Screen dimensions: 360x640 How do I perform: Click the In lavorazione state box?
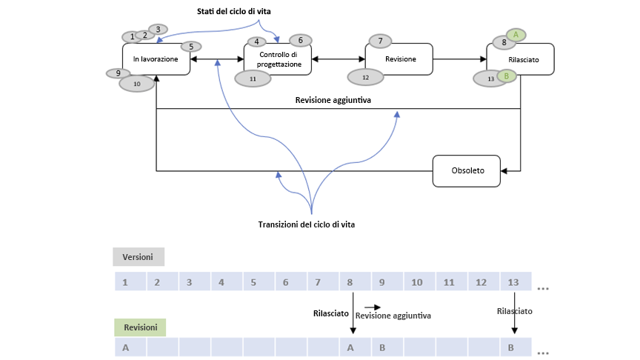156,59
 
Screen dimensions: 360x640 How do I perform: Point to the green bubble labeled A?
516,34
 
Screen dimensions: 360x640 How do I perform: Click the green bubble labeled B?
506,76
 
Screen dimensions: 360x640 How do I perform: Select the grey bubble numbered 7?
380,41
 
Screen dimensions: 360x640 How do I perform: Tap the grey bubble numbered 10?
136,84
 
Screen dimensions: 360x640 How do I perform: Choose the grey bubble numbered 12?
365,77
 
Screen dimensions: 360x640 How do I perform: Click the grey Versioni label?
139,256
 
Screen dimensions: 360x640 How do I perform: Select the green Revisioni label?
140,327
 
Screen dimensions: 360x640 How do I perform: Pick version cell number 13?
513,282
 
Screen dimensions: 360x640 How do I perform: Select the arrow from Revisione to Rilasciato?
459,59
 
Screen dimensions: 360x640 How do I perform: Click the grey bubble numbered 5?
191,47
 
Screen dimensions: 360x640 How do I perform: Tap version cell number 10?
418,282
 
